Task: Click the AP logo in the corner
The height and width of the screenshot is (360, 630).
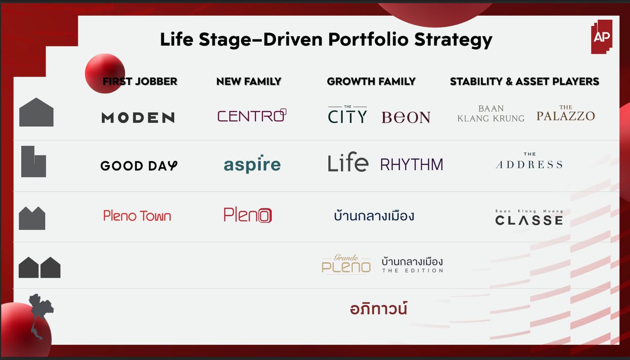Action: pyautogui.click(x=601, y=36)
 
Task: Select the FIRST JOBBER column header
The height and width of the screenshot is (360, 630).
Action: pyautogui.click(x=140, y=82)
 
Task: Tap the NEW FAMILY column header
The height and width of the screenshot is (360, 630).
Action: pyautogui.click(x=249, y=82)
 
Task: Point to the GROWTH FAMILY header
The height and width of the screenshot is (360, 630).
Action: pyautogui.click(x=371, y=82)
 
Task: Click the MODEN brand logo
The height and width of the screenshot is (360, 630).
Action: pyautogui.click(x=138, y=118)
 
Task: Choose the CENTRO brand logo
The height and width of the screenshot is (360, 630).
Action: pyautogui.click(x=252, y=115)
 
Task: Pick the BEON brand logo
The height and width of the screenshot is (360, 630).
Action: pyautogui.click(x=406, y=117)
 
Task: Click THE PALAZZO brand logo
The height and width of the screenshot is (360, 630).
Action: pyautogui.click(x=566, y=113)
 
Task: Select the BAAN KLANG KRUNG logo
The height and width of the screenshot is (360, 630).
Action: pyautogui.click(x=491, y=114)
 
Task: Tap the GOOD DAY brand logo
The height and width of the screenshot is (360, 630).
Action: pyautogui.click(x=139, y=166)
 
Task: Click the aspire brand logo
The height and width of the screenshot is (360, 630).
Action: pyautogui.click(x=252, y=164)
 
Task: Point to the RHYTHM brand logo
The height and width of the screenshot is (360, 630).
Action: pyautogui.click(x=412, y=164)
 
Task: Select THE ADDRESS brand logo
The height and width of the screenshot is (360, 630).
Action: pyautogui.click(x=529, y=161)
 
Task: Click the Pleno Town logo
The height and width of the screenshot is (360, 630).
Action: pyautogui.click(x=137, y=216)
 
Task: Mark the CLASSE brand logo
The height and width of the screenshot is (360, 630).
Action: pyautogui.click(x=529, y=217)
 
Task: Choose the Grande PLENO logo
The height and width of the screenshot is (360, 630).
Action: pyautogui.click(x=346, y=264)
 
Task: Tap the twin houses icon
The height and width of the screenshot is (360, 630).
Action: pyautogui.click(x=39, y=267)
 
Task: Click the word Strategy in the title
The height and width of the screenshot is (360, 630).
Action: pyautogui.click(x=453, y=40)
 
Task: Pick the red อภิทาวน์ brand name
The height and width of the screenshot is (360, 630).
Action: pyautogui.click(x=379, y=308)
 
